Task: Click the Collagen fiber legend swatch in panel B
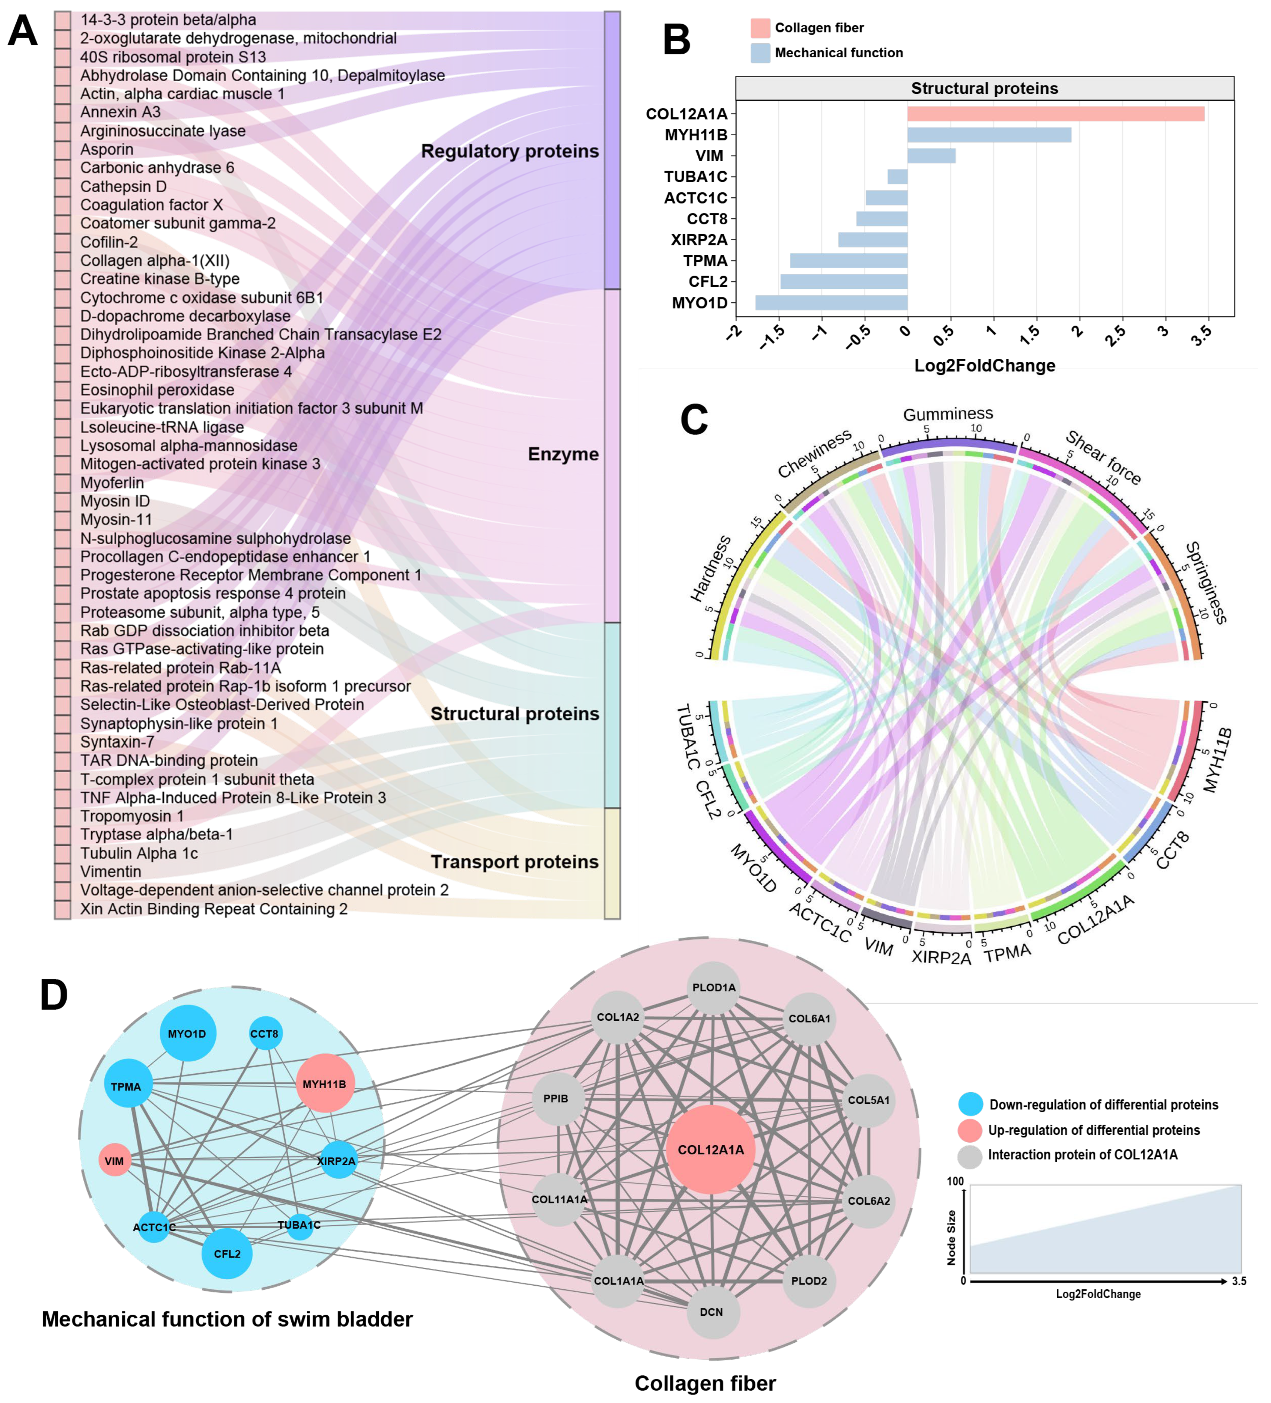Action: click(x=760, y=28)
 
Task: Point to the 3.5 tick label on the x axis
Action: click(x=1201, y=336)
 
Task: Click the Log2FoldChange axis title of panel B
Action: click(x=984, y=365)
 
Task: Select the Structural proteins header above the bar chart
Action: click(x=984, y=88)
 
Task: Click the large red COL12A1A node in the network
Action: click(x=711, y=1150)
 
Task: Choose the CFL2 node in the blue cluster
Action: click(x=227, y=1253)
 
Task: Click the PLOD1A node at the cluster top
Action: click(x=714, y=988)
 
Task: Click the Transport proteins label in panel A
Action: click(x=514, y=862)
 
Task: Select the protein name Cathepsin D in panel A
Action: click(x=123, y=187)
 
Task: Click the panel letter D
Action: click(x=54, y=995)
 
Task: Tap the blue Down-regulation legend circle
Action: click(x=970, y=1105)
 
